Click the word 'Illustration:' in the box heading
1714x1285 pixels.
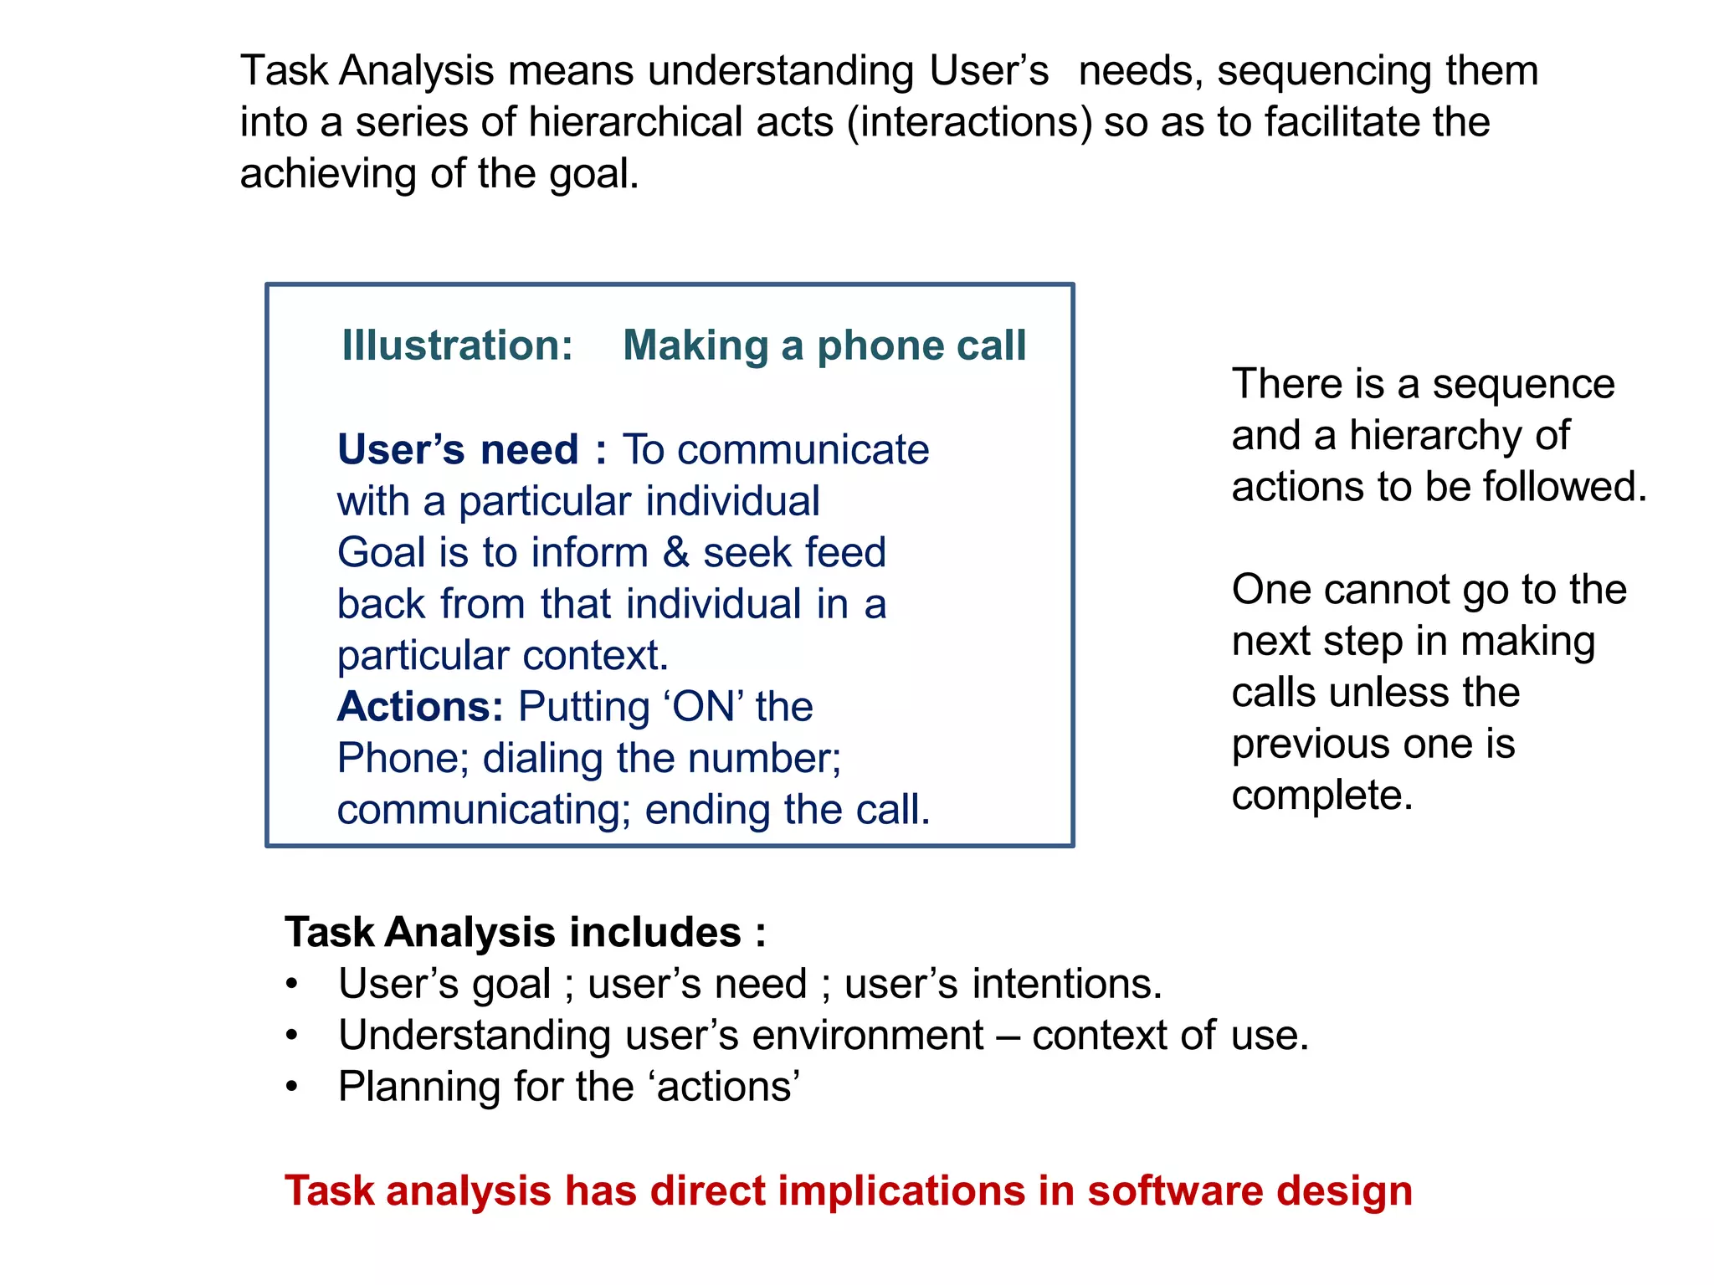[x=457, y=346]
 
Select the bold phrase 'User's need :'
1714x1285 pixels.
[x=471, y=450]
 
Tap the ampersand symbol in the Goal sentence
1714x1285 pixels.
[x=675, y=553]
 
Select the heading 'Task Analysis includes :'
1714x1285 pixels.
[x=525, y=932]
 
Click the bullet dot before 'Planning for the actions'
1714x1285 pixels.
[x=291, y=1088]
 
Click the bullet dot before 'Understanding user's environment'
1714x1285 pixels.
[x=291, y=1036]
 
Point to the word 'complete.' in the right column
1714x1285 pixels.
[x=1321, y=796]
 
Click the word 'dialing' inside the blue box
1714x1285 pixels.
[x=542, y=759]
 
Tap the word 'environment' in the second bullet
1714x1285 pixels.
[x=868, y=1036]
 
